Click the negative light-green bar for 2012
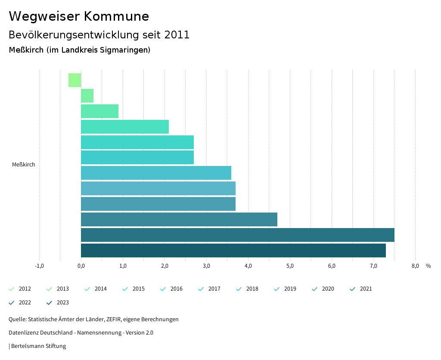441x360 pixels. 75,80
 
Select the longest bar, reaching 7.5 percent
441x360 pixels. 237,235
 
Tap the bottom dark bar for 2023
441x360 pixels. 233,250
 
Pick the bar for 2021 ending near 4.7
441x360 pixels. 179,219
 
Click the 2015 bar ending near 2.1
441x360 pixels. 124,127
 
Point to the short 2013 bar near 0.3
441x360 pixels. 87,96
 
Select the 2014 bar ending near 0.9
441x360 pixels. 99,111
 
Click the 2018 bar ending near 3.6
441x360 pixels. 156,173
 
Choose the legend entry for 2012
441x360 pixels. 20,289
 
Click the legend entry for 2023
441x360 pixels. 58,303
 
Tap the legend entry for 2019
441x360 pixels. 286,289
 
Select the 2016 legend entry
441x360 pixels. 172,289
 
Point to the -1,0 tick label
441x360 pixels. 39,266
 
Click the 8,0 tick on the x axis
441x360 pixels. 415,266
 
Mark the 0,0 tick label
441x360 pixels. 81,266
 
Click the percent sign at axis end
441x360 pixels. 428,266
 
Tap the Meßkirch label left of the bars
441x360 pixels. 24,165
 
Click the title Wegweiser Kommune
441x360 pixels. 79,16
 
